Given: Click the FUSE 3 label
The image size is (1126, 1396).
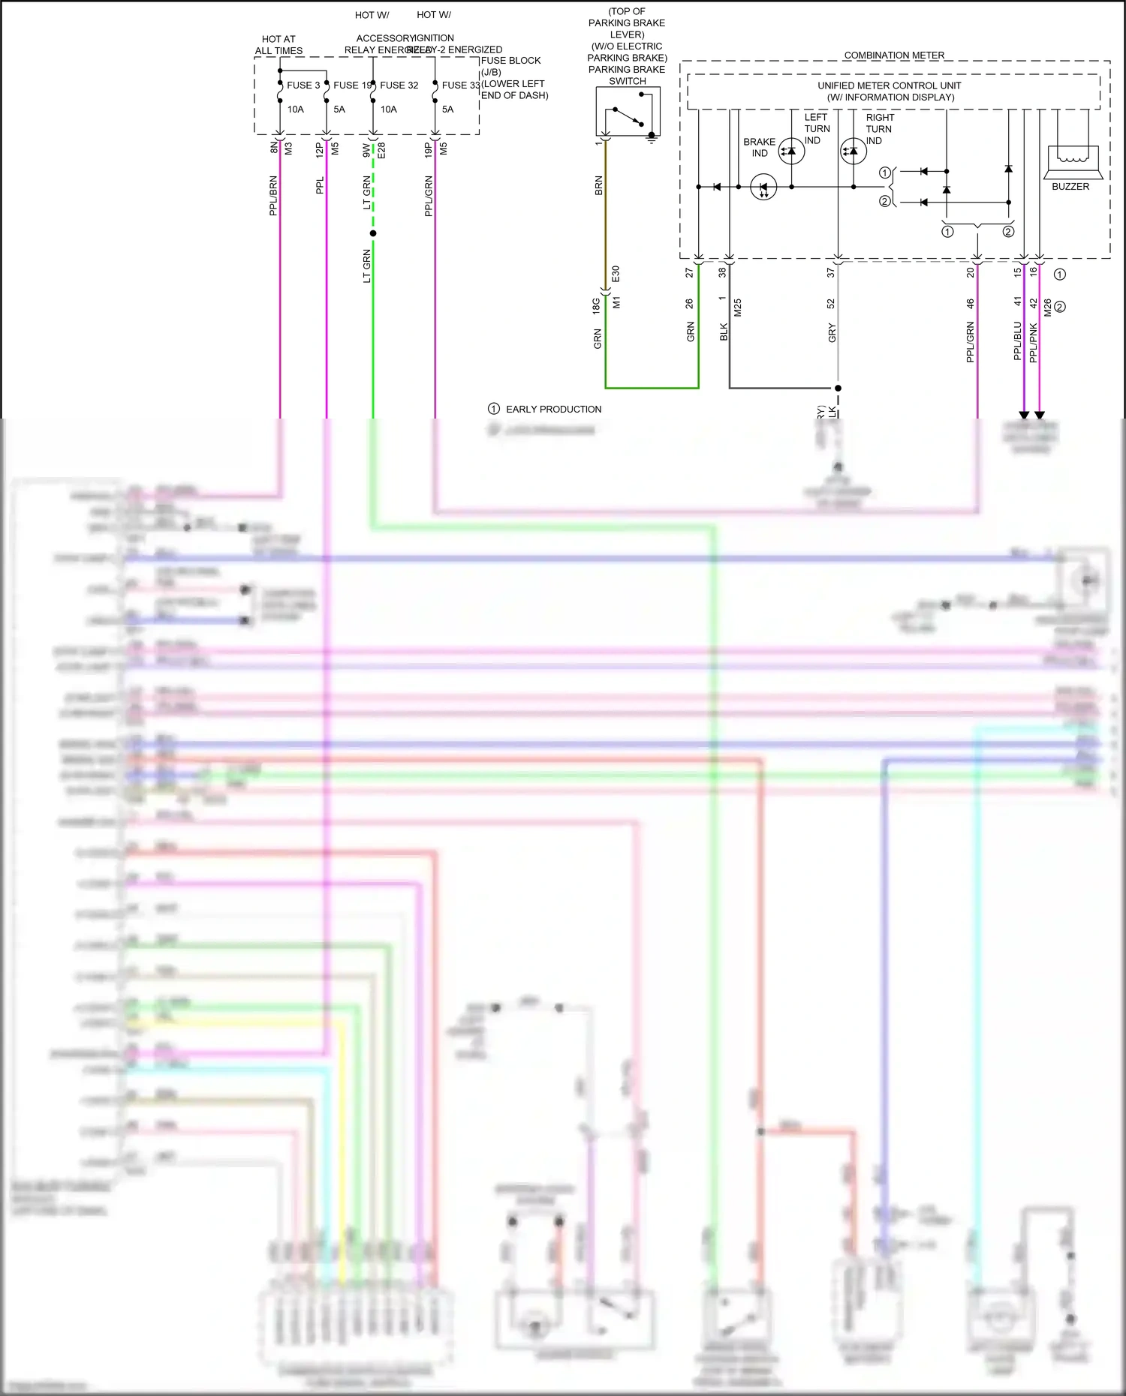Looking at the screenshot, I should coord(303,86).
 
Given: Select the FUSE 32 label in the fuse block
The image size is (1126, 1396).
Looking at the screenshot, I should coord(399,86).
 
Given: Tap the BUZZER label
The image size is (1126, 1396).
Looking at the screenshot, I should coord(1070,187).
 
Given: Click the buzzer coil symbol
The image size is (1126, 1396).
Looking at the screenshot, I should coord(1072,155).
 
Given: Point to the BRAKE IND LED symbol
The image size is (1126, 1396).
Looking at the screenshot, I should coord(763,187).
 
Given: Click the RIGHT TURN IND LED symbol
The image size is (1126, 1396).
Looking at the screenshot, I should coord(853,151).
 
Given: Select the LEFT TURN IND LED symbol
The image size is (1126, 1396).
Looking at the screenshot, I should coord(791,151).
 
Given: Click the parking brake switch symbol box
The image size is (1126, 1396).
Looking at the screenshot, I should coord(628,111).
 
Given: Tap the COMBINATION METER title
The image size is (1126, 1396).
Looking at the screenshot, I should coord(894,56).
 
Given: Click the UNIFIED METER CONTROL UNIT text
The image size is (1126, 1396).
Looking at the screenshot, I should coord(890,86).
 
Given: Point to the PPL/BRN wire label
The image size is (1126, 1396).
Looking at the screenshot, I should coord(273,196).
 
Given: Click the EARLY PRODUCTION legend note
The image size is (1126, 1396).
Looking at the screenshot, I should coord(553,410).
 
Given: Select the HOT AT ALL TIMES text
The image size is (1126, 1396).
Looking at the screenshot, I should coord(278,45).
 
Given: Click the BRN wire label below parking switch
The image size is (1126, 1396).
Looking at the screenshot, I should coord(598,186).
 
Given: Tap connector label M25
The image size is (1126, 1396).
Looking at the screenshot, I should coord(738,308).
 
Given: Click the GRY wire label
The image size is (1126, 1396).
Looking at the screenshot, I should coord(832,333).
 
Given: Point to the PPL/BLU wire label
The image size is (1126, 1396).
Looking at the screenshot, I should coord(1018,341).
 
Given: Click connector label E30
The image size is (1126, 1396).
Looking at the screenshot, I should coord(616,274).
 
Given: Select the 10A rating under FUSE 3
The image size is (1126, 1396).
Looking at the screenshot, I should coord(296,110).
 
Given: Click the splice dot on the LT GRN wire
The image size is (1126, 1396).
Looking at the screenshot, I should coord(373,233).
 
